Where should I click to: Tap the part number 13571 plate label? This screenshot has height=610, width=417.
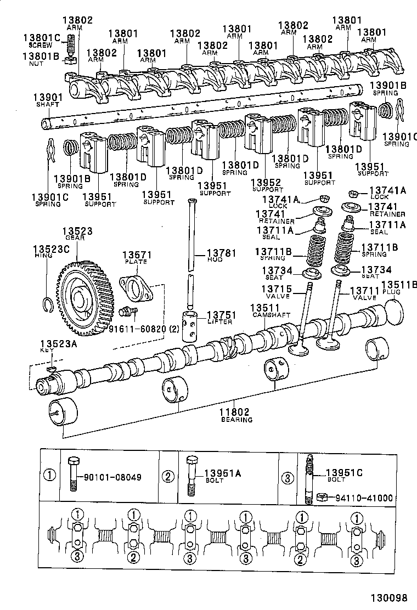click(x=136, y=255)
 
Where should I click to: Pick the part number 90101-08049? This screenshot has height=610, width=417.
click(x=112, y=477)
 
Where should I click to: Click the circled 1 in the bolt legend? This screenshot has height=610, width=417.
click(x=50, y=476)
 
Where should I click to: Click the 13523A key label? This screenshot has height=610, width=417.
click(x=46, y=344)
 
